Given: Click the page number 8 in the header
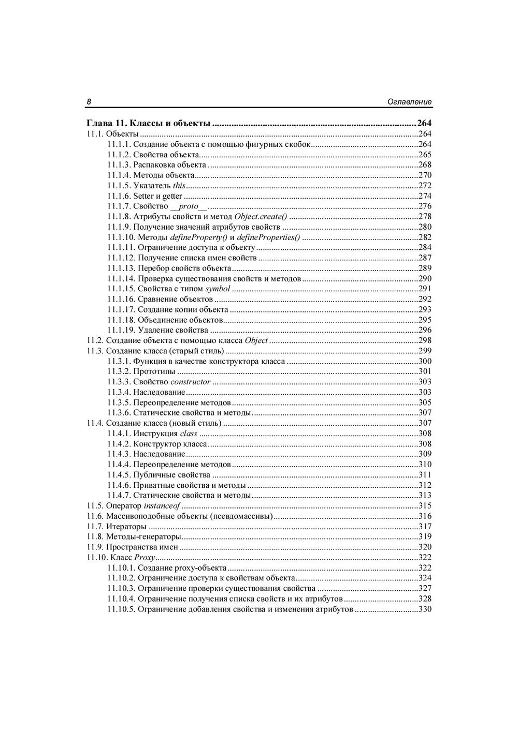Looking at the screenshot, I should click(89, 102).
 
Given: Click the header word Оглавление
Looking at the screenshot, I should click(409, 102).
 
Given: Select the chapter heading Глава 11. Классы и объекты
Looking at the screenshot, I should click(148, 124).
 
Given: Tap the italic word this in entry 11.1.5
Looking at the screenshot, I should click(179, 186).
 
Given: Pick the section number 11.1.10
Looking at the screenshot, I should click(121, 237).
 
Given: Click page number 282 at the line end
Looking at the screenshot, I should click(425, 237).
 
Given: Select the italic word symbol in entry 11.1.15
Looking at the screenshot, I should click(218, 289).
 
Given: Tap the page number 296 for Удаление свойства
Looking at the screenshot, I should click(425, 330).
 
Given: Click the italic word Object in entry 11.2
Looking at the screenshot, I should click(256, 340).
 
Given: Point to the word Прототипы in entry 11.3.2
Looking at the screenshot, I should click(154, 371).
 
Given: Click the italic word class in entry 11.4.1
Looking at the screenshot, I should click(189, 434).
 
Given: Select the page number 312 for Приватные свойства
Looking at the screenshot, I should click(425, 485).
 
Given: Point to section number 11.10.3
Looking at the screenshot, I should click(121, 589).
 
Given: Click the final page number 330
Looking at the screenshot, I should click(425, 609).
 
